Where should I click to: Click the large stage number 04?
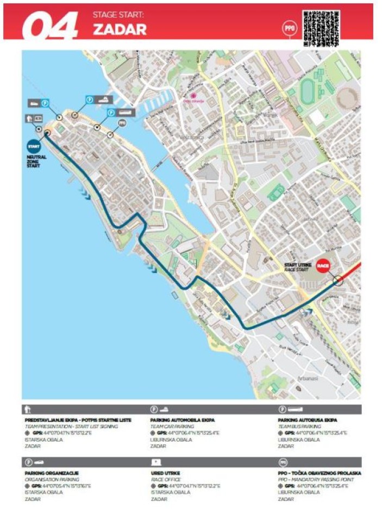point(51,26)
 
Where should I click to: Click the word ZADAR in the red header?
point(120,29)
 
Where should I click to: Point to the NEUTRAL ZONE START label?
point(36,162)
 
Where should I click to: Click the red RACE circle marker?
point(323,266)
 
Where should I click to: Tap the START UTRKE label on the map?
point(298,264)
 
